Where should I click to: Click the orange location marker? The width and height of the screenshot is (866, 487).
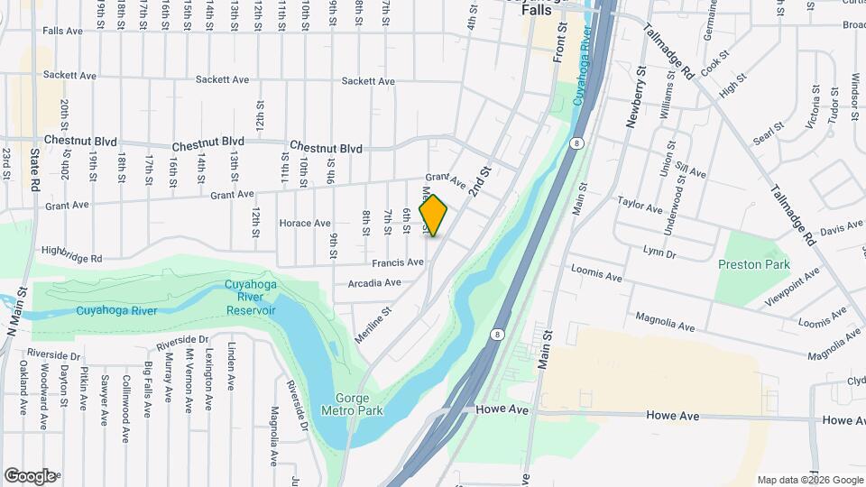[434, 216]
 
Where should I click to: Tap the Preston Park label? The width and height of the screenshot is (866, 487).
[753, 264]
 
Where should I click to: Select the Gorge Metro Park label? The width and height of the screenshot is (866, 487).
[359, 404]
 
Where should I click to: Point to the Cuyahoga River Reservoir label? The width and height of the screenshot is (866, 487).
[250, 298]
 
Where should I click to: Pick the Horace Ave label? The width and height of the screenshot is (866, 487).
[306, 223]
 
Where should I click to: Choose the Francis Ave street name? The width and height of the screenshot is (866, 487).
[398, 262]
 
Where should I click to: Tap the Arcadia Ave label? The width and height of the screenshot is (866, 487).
[373, 282]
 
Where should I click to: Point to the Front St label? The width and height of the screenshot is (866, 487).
[559, 43]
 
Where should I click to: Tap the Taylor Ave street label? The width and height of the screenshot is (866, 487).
[640, 207]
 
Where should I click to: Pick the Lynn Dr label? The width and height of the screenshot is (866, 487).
[659, 254]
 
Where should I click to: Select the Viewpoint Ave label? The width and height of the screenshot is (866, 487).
[791, 282]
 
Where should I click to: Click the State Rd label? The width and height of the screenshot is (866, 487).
[35, 170]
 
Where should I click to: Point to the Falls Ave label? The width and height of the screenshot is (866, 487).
[62, 30]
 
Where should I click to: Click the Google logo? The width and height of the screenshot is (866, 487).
[30, 475]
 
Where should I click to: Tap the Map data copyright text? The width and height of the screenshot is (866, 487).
[810, 480]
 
